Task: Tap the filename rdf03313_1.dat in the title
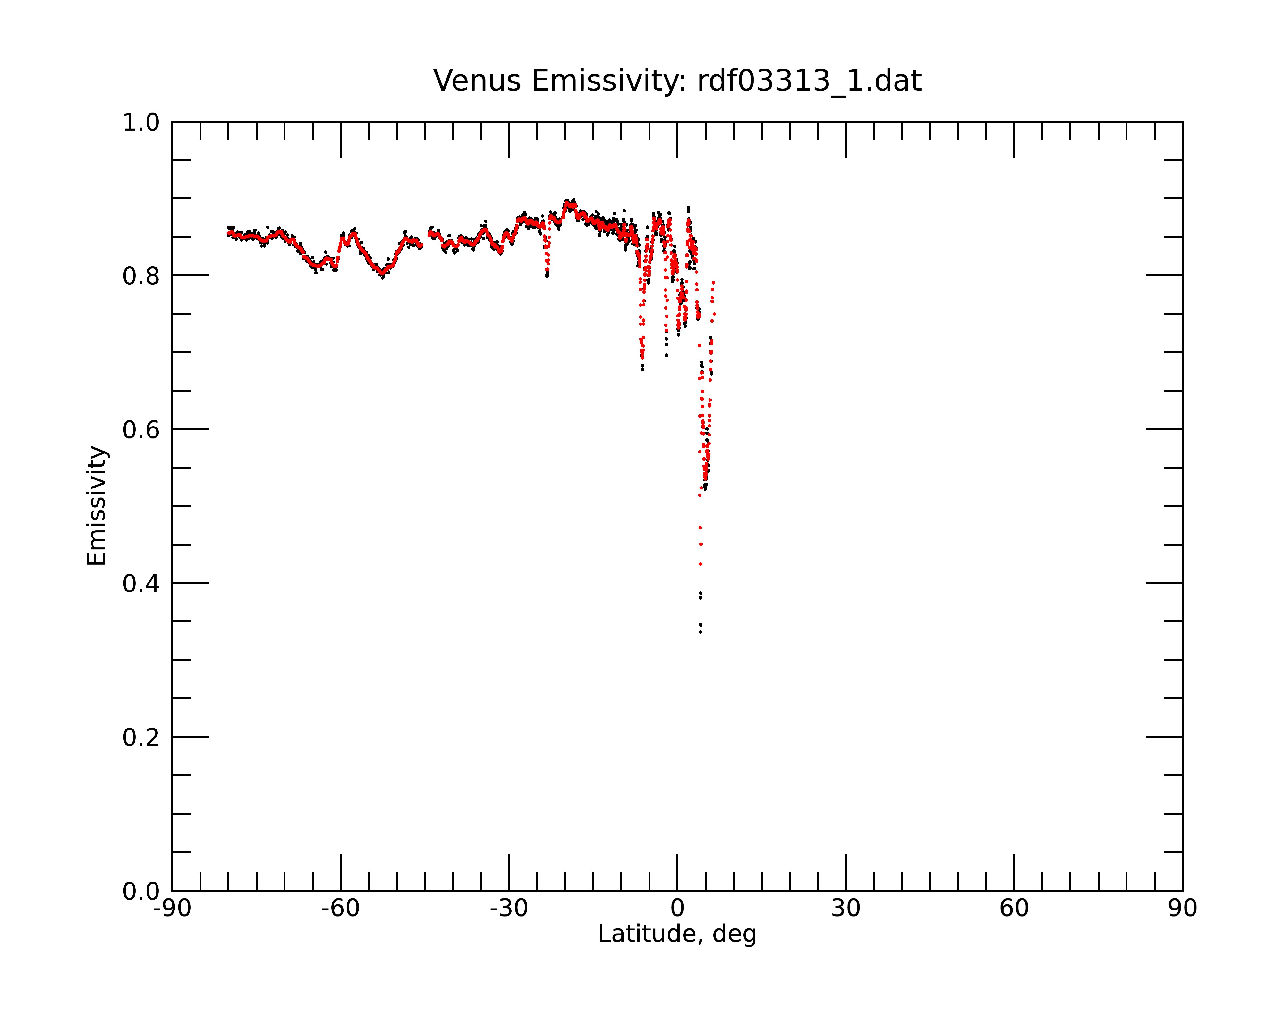pos(809,81)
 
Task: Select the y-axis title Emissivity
pos(97,506)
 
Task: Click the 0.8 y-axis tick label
pos(141,276)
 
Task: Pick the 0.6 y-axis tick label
pos(141,430)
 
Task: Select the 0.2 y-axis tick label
pos(141,738)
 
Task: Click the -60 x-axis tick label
pos(340,909)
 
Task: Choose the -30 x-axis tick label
pos(509,909)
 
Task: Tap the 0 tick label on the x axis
pos(677,909)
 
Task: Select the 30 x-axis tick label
pos(845,909)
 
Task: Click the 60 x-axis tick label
pos(1014,909)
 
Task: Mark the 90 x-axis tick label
pos(1182,909)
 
